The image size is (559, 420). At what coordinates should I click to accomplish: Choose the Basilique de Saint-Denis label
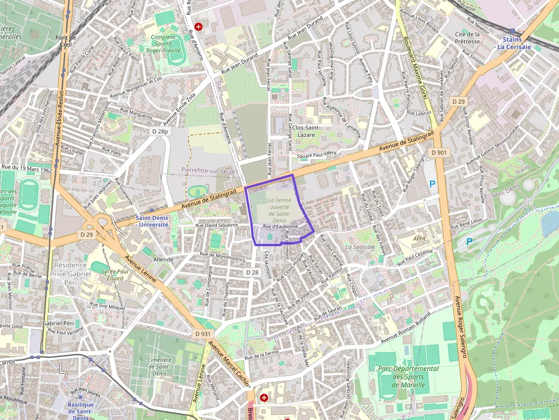click(80, 409)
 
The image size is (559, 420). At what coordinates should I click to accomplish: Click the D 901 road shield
click(439, 152)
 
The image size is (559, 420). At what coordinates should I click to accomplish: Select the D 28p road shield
click(161, 132)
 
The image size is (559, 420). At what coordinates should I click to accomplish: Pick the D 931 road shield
click(202, 333)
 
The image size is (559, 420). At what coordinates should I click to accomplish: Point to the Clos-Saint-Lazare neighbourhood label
click(305, 131)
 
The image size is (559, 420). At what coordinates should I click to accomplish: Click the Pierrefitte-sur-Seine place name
click(208, 170)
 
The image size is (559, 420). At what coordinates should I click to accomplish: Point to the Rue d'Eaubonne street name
click(281, 226)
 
